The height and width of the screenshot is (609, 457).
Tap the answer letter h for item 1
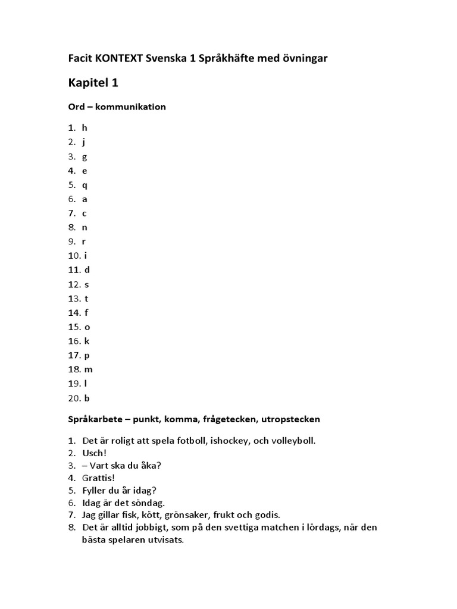[x=84, y=128]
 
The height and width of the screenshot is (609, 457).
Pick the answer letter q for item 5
[x=84, y=185]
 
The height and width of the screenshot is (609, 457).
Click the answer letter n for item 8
[x=84, y=227]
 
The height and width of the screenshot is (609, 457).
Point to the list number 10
[x=73, y=256]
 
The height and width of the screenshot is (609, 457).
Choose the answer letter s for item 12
[x=86, y=284]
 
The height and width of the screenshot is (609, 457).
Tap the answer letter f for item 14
[x=86, y=313]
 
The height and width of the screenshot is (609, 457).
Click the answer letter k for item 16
[x=86, y=341]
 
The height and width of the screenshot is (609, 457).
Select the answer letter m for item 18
[x=88, y=370]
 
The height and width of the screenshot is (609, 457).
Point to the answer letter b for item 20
[x=87, y=398]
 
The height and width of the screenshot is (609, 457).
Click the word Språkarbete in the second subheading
[x=94, y=419]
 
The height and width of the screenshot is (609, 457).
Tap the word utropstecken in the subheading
[x=292, y=419]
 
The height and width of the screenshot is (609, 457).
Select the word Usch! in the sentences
[x=94, y=453]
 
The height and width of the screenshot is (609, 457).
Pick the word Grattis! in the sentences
[x=98, y=478]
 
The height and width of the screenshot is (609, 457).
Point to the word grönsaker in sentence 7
[x=193, y=515]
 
